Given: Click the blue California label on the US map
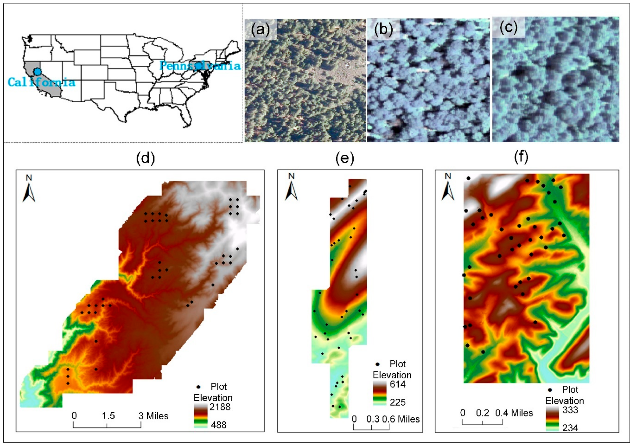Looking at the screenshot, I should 41,82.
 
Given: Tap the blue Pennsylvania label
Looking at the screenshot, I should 200,66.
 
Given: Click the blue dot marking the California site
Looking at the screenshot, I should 37,72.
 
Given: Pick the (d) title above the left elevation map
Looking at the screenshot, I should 145,158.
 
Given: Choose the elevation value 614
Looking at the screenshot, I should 397,384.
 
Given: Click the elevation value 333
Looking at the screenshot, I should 570,410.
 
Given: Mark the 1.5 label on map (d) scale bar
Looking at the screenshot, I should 108,416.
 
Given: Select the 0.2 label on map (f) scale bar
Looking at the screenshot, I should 482,413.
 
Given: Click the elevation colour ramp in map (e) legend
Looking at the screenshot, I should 380,393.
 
